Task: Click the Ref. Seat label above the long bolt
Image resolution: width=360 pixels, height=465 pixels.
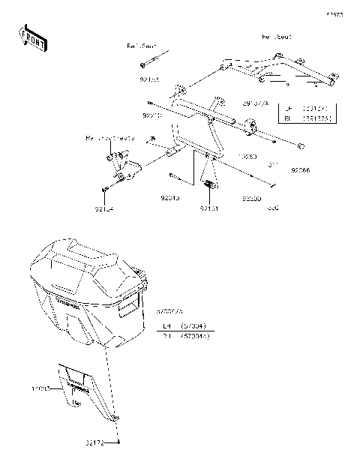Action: (138, 46)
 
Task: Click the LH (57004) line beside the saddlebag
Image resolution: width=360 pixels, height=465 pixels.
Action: (185, 326)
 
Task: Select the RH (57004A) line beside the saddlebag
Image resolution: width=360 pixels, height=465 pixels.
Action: (186, 336)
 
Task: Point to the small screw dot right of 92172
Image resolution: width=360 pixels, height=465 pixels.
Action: (123, 443)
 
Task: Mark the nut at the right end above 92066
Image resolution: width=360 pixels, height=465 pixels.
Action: (300, 144)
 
